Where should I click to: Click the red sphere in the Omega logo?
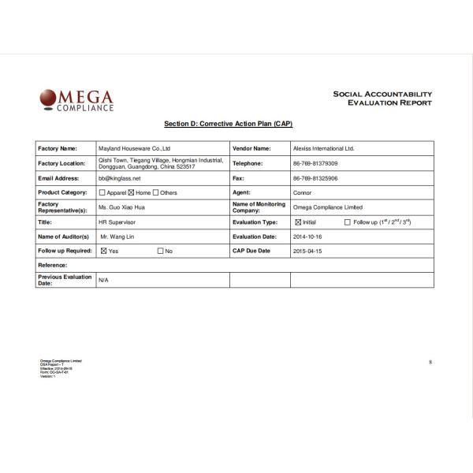click(48, 97)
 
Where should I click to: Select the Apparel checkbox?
click(102, 192)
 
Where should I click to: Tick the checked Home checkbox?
click(131, 192)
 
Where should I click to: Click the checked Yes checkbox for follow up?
click(103, 251)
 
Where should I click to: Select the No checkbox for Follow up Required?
click(161, 251)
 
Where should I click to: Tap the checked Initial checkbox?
click(298, 222)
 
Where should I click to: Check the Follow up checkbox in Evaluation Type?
click(348, 222)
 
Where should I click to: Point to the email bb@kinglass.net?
click(118, 178)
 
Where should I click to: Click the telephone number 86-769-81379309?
click(315, 163)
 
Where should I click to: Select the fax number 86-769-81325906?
click(315, 178)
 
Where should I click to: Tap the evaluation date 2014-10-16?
click(307, 236)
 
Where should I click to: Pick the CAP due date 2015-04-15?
click(307, 251)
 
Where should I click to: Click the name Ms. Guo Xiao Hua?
click(121, 207)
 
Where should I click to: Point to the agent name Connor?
click(303, 192)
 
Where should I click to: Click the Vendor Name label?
click(251, 148)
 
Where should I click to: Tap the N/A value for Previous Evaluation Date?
click(103, 280)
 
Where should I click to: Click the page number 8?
click(430, 362)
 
